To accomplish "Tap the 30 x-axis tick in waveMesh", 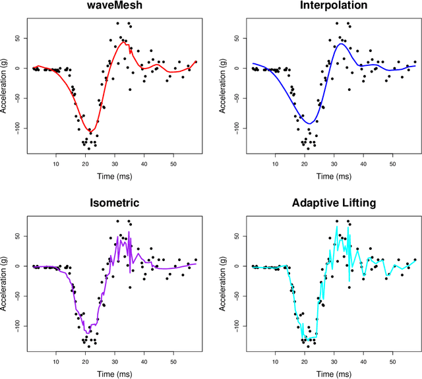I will click(x=115, y=164).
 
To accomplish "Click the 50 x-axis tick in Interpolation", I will click(x=392, y=164).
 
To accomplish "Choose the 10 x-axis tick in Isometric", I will click(x=56, y=361).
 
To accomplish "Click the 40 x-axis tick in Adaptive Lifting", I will click(x=363, y=361).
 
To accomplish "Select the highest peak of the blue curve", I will click(x=341, y=44).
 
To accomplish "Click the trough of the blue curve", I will click(x=307, y=123).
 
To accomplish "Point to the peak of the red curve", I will click(x=123, y=43).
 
